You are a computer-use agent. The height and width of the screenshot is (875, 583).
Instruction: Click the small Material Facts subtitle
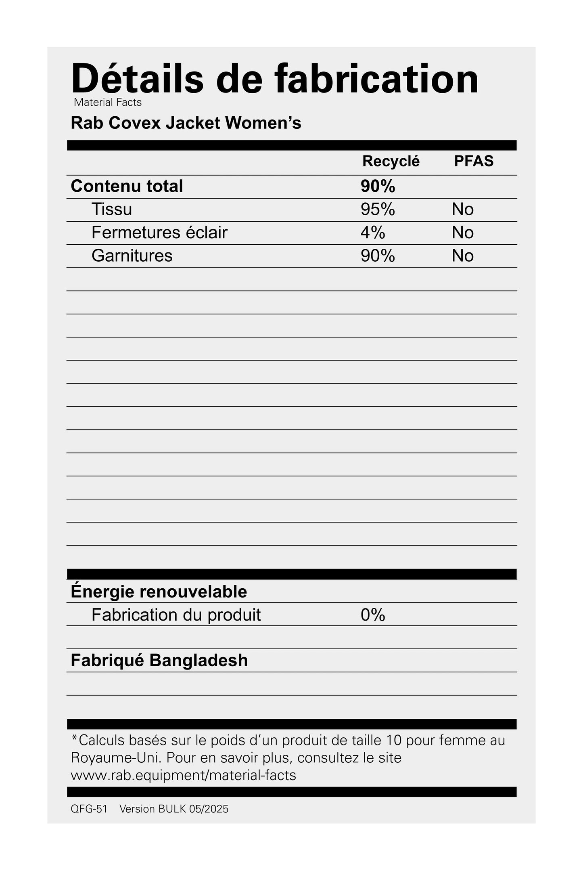click(x=108, y=103)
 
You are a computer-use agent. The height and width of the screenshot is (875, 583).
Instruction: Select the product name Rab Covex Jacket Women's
click(x=186, y=123)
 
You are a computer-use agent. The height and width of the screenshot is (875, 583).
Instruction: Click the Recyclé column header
click(x=391, y=161)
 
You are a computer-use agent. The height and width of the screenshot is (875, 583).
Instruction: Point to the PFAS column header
click(x=474, y=161)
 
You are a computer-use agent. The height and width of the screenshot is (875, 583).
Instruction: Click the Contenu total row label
click(x=127, y=186)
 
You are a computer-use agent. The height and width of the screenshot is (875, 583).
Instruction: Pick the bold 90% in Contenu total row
click(x=378, y=186)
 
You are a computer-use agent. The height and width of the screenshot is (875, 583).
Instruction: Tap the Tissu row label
click(x=112, y=209)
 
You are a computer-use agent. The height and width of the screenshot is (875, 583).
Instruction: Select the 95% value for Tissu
click(x=378, y=209)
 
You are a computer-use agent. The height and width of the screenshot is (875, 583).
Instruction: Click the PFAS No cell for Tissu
click(x=462, y=209)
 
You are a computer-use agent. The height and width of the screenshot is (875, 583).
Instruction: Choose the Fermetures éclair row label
click(x=159, y=233)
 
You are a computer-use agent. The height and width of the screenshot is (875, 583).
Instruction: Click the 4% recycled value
click(x=373, y=233)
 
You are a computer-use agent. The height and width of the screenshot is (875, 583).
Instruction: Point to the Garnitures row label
click(x=132, y=256)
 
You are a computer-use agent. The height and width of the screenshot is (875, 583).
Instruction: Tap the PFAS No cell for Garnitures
click(x=462, y=256)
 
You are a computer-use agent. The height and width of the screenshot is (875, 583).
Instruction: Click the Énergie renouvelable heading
click(x=159, y=592)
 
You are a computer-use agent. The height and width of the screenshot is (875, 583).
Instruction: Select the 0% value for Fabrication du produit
click(x=373, y=615)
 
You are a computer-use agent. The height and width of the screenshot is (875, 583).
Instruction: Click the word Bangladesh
click(x=199, y=661)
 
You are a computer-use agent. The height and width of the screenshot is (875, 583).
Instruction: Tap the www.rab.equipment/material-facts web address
click(x=183, y=775)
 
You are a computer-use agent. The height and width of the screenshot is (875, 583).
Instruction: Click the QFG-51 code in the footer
click(x=89, y=809)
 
